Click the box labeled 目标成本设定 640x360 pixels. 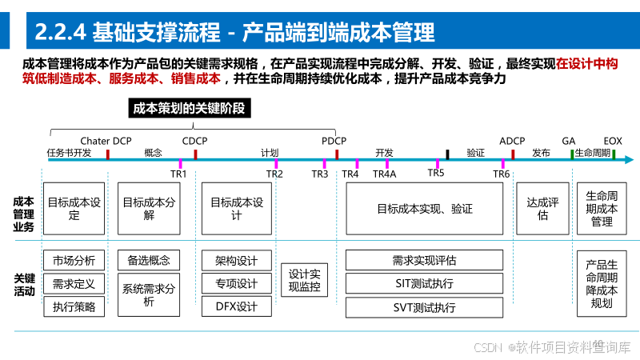click(74, 209)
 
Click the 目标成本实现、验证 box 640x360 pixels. click(424, 209)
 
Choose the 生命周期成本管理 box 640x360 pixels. click(602, 209)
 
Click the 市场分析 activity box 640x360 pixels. click(74, 260)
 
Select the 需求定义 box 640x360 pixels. click(74, 283)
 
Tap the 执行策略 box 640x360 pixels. click(74, 306)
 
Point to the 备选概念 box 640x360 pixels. click(149, 260)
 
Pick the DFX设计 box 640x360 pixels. click(237, 306)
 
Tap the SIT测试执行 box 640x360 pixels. click(424, 283)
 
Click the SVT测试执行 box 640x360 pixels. click(424, 307)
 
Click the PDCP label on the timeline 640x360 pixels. click(334, 141)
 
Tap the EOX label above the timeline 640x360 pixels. click(613, 141)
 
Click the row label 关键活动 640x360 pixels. click(24, 284)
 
